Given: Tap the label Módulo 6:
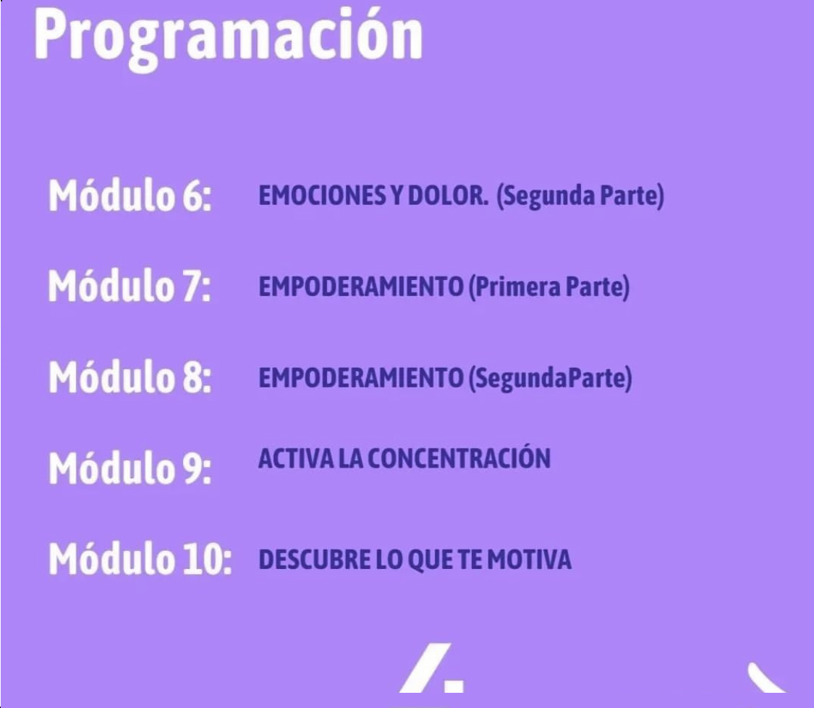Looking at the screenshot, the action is (130, 195).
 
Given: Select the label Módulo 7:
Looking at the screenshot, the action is (130, 285).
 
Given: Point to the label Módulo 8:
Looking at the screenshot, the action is (130, 376).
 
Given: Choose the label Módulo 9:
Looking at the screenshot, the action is (130, 467).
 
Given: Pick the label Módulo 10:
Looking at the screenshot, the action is (140, 558).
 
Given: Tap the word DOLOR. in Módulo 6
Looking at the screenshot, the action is (448, 195).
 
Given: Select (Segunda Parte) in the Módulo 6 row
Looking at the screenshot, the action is (580, 196).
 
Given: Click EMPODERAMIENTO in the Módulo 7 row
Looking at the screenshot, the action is (360, 286).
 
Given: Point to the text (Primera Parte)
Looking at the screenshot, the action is (549, 287).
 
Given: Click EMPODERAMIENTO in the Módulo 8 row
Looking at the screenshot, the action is (360, 377).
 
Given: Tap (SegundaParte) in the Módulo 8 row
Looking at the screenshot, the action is (551, 378).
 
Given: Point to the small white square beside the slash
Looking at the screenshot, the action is (454, 685).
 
